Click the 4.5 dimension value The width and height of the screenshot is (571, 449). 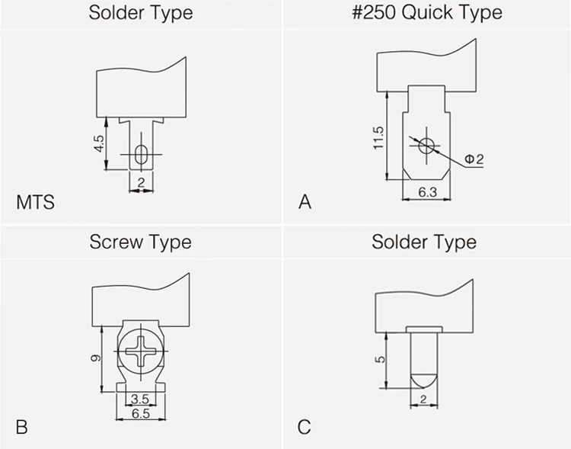click(99, 143)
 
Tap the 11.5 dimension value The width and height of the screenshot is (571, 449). click(378, 138)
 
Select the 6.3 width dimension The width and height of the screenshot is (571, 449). click(427, 192)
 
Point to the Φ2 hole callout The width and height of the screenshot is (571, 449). click(474, 159)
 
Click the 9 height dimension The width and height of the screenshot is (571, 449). click(96, 358)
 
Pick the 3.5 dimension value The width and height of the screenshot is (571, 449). click(140, 399)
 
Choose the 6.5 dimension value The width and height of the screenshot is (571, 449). click(141, 414)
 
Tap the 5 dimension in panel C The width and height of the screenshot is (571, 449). click(380, 360)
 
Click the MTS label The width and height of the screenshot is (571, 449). click(35, 202)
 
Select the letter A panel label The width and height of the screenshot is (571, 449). click(305, 202)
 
